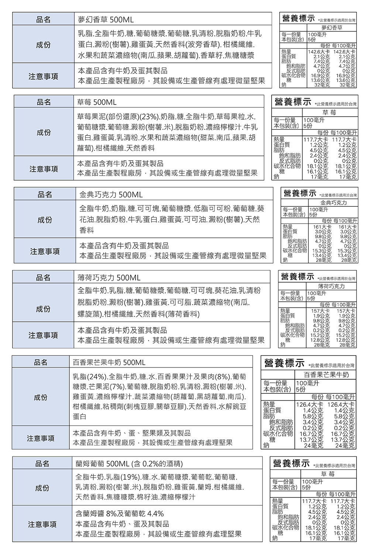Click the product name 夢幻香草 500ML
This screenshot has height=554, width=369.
tap(106, 19)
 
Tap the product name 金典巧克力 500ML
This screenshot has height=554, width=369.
tap(111, 194)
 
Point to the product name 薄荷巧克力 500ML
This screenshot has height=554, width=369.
tap(109, 277)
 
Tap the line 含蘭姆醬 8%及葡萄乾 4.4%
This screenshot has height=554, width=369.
tap(119, 514)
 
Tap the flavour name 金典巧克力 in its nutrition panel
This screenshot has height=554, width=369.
tap(334, 204)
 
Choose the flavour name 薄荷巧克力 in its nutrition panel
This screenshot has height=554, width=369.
tap(332, 287)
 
